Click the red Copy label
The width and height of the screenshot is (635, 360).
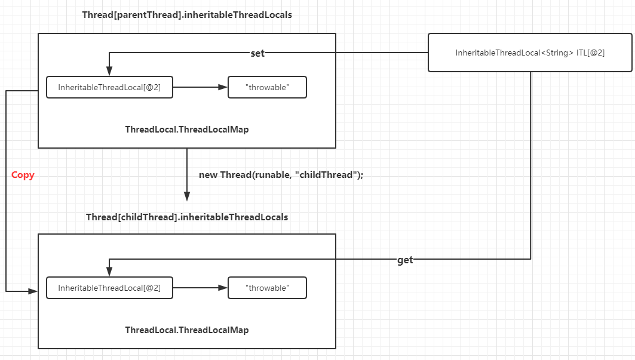tap(23, 175)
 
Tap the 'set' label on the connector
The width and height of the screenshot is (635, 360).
tap(257, 53)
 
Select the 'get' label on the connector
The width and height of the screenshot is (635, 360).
tap(405, 260)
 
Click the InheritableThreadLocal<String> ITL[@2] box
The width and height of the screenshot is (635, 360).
tap(530, 53)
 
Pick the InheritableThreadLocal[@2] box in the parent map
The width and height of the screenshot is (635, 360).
tap(109, 87)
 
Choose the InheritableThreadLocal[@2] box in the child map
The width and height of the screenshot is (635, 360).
tap(109, 288)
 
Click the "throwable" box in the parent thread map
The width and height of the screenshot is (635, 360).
tap(267, 87)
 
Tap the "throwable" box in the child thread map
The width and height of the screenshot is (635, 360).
tap(267, 288)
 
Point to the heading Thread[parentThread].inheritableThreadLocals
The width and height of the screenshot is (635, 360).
tap(187, 15)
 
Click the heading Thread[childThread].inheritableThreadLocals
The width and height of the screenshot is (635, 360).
tap(187, 217)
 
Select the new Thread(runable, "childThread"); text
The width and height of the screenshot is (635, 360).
tap(281, 175)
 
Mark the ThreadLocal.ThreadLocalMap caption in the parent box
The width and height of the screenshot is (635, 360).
tap(187, 130)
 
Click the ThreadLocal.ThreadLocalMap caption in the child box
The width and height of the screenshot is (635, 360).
tap(187, 330)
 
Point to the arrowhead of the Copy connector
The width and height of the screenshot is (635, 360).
tap(33, 291)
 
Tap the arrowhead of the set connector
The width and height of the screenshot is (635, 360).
tap(109, 71)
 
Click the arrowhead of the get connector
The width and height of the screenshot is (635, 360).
tap(109, 272)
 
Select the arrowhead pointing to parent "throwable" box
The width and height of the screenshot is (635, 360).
tap(223, 87)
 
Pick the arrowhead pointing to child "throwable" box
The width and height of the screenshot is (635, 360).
tap(223, 288)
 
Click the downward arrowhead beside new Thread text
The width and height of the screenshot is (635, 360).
tap(187, 196)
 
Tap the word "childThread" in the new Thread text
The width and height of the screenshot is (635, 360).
tap(326, 175)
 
